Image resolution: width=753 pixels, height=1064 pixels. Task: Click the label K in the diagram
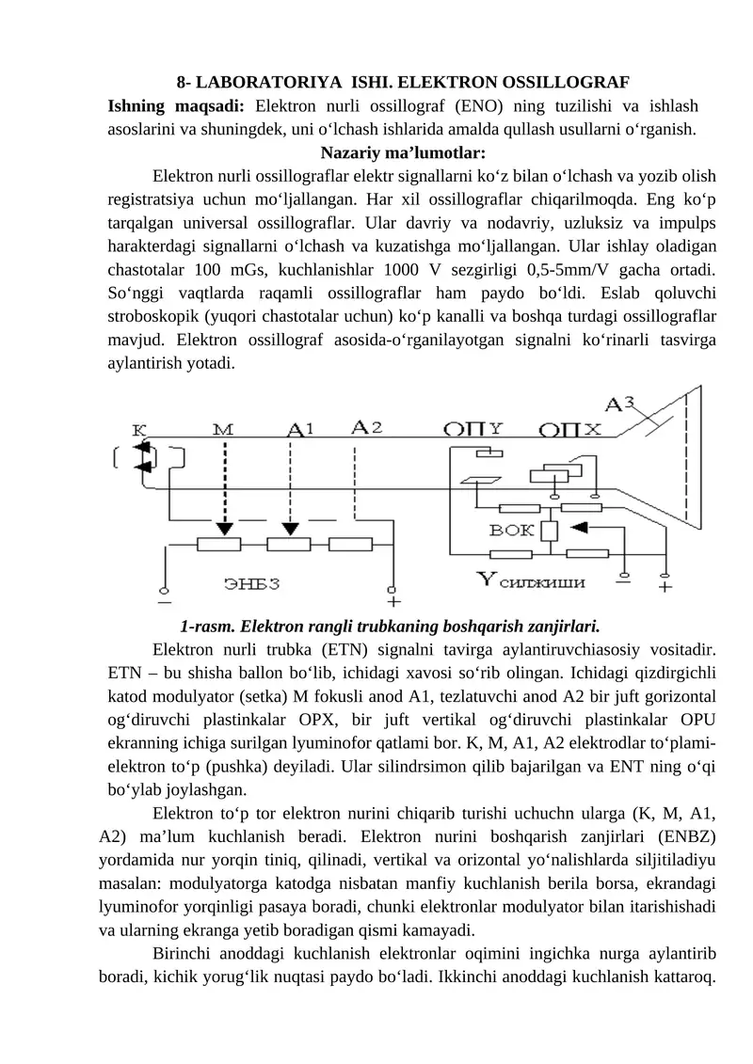[138, 428]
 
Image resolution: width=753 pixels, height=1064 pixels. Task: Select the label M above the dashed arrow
[224, 429]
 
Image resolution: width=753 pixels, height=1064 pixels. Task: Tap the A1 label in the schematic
[300, 429]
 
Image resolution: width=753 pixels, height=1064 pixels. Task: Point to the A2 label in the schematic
[366, 427]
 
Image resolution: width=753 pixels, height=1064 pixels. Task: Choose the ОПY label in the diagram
[475, 429]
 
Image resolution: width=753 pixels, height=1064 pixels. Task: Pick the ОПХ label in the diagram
[570, 430]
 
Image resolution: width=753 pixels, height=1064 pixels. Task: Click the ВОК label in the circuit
[512, 531]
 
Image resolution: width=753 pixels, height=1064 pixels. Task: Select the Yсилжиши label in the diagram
[532, 581]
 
